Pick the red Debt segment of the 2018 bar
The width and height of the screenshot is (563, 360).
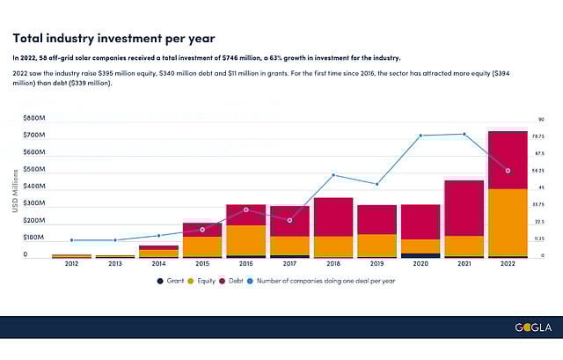pyautogui.click(x=333, y=217)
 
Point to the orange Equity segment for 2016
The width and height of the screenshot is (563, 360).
pyautogui.click(x=246, y=240)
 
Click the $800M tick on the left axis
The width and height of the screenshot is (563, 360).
pyautogui.click(x=34, y=118)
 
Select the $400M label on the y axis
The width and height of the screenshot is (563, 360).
pyautogui.click(x=34, y=187)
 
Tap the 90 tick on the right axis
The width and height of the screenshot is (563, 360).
pyautogui.click(x=541, y=119)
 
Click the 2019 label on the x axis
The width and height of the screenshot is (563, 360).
pyautogui.click(x=377, y=264)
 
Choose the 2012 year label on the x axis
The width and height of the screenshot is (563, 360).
pyautogui.click(x=71, y=264)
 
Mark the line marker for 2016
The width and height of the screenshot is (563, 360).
pyautogui.click(x=246, y=209)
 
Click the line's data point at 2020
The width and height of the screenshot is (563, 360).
pyautogui.click(x=421, y=136)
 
